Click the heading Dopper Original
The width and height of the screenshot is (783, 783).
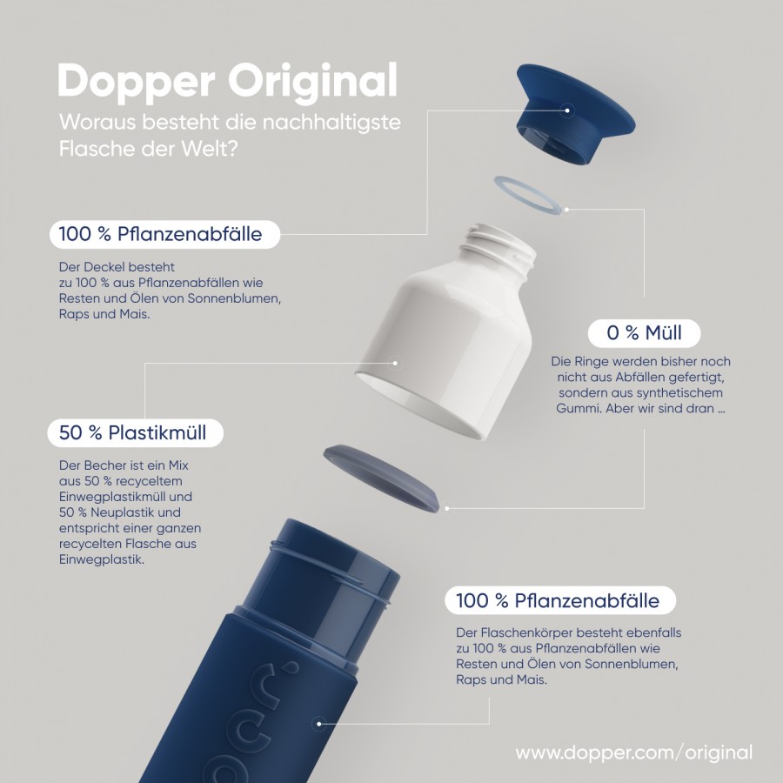click(227, 82)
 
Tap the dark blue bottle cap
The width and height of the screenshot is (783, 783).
click(574, 112)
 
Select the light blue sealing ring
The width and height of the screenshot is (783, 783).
click(531, 195)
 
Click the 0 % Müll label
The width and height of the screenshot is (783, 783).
click(644, 333)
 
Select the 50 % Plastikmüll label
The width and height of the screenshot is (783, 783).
click(135, 432)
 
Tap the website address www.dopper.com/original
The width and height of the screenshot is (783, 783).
click(634, 752)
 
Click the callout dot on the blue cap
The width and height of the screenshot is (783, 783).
click(566, 110)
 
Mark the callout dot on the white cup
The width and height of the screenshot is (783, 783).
click(395, 363)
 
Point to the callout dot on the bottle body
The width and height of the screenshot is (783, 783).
click(318, 724)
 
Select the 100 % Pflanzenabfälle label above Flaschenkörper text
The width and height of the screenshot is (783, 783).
click(560, 600)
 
